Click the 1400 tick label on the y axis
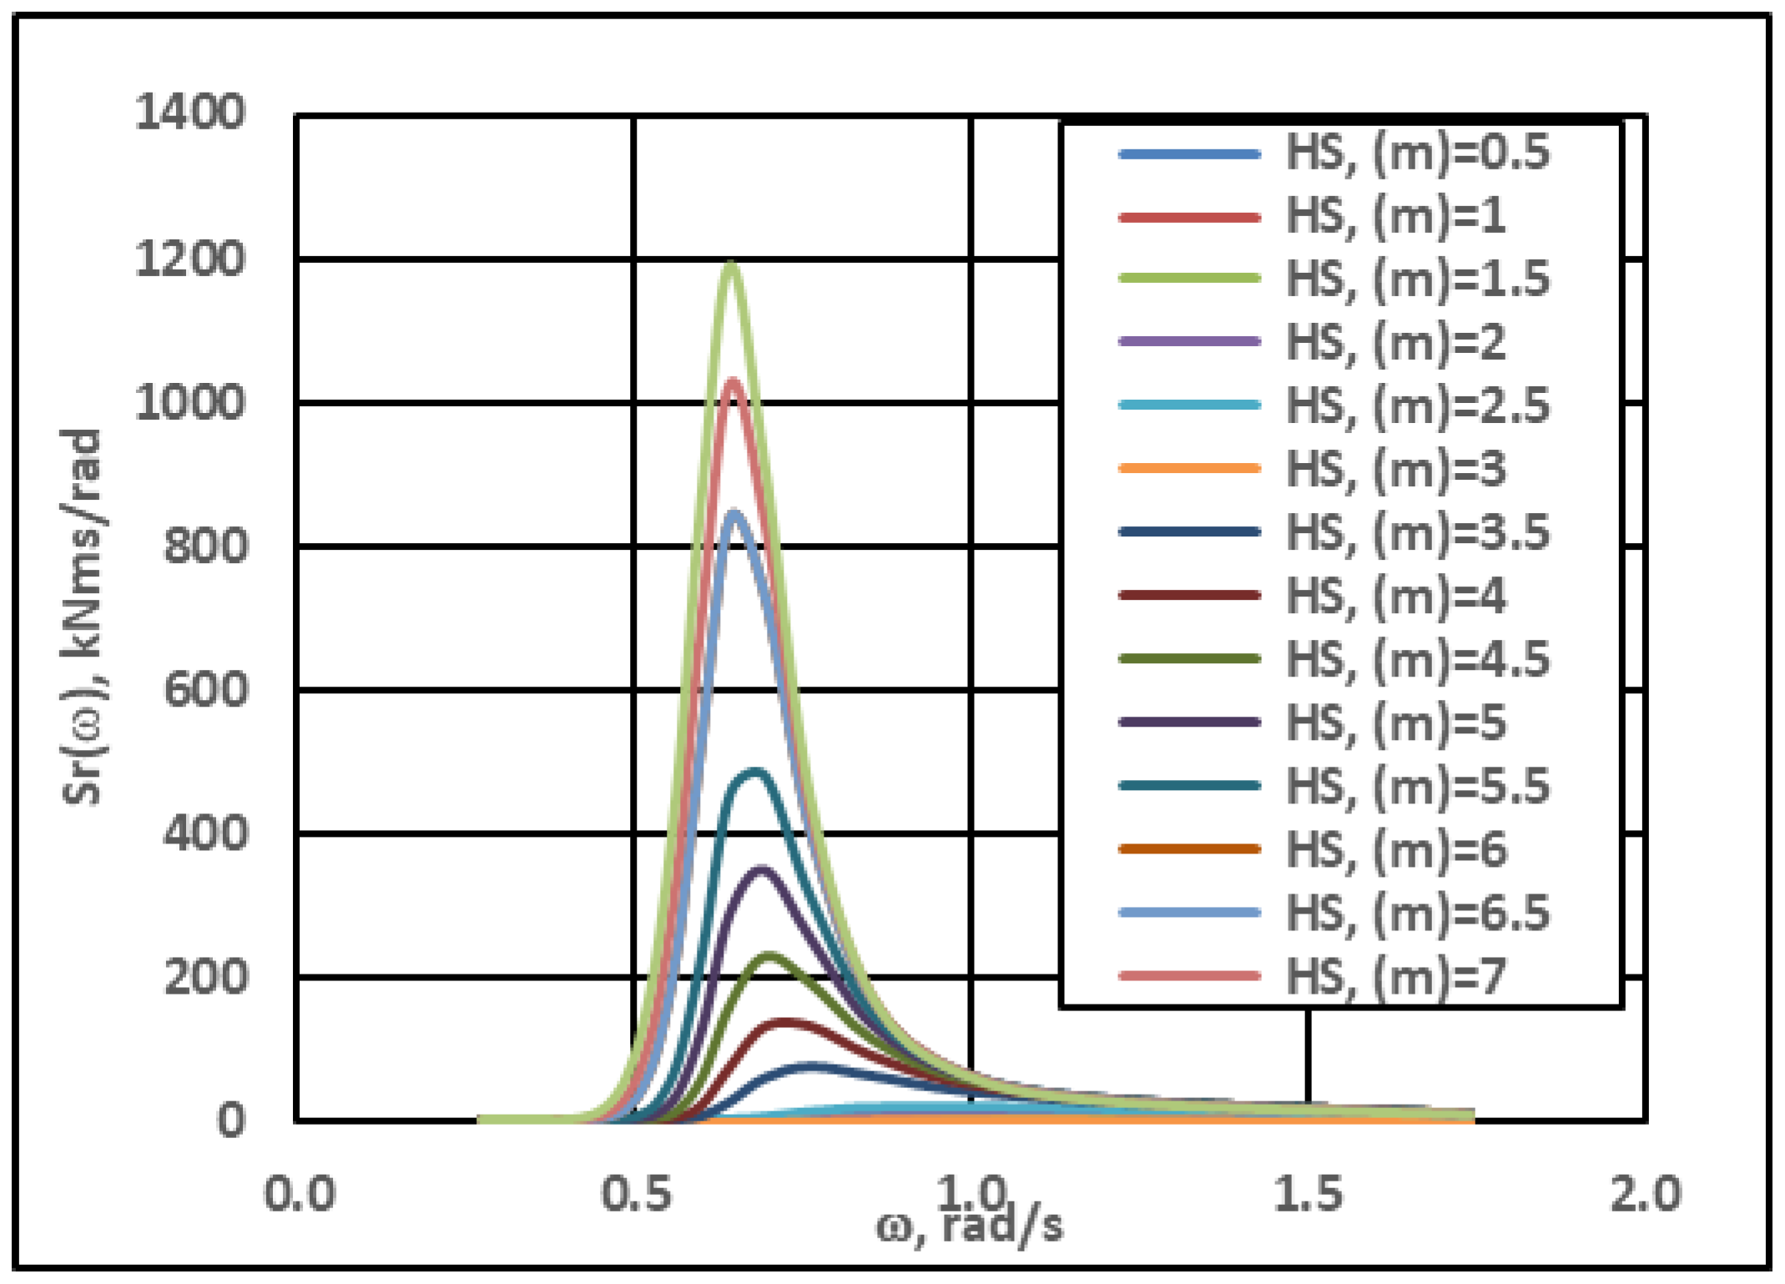coord(190,112)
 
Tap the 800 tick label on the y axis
coord(205,547)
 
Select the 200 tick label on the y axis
coord(205,977)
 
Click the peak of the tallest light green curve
coord(732,264)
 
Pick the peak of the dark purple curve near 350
coord(761,870)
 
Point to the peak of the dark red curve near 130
coord(784,1022)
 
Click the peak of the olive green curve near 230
coord(769,955)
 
